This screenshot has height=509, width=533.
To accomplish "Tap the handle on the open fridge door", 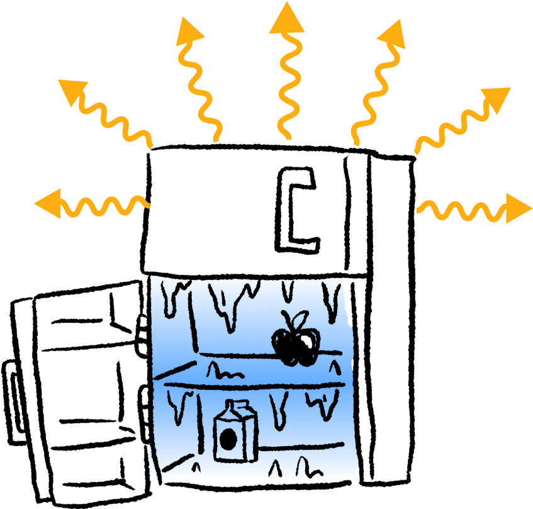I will click(x=12, y=400).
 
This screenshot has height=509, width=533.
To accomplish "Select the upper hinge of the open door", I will click(x=142, y=327).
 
